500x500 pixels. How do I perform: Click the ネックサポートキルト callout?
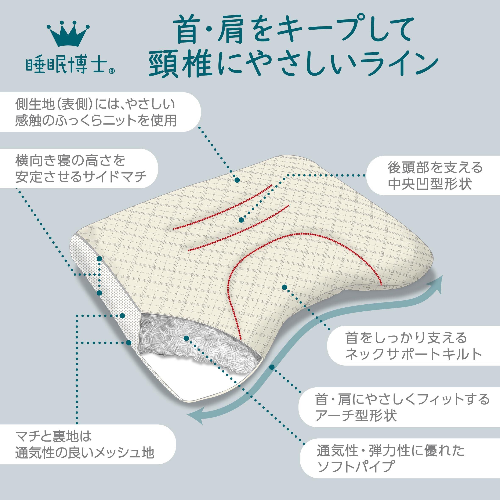tap(412, 345)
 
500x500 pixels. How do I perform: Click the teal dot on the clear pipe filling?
tap(186, 338)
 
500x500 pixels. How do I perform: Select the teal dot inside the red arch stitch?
tap(284, 287)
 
